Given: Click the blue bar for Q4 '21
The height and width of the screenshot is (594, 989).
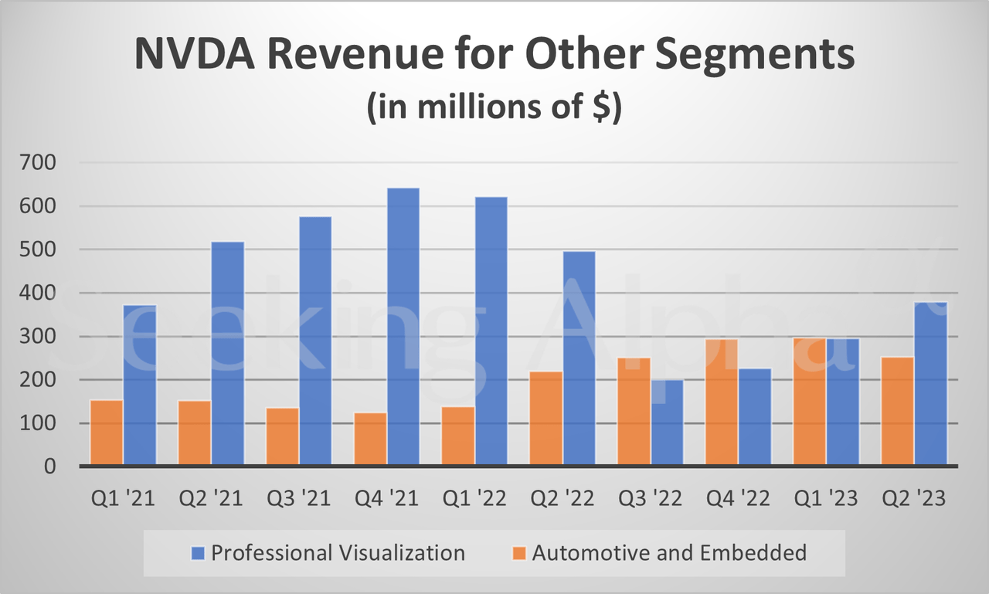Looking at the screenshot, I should tap(403, 327).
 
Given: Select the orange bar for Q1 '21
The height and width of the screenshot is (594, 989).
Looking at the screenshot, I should tap(106, 433).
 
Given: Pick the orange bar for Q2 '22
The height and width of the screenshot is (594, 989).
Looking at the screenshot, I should tap(546, 419).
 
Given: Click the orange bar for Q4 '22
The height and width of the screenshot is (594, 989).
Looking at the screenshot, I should tap(722, 402).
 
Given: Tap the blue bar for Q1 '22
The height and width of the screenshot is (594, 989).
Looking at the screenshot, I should tap(491, 331).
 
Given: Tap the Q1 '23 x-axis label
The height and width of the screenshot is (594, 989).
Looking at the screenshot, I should tap(826, 498).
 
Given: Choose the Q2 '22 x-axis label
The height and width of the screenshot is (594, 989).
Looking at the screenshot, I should tap(562, 498).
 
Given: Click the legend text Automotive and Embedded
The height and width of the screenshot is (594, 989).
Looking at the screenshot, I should tap(669, 553).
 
